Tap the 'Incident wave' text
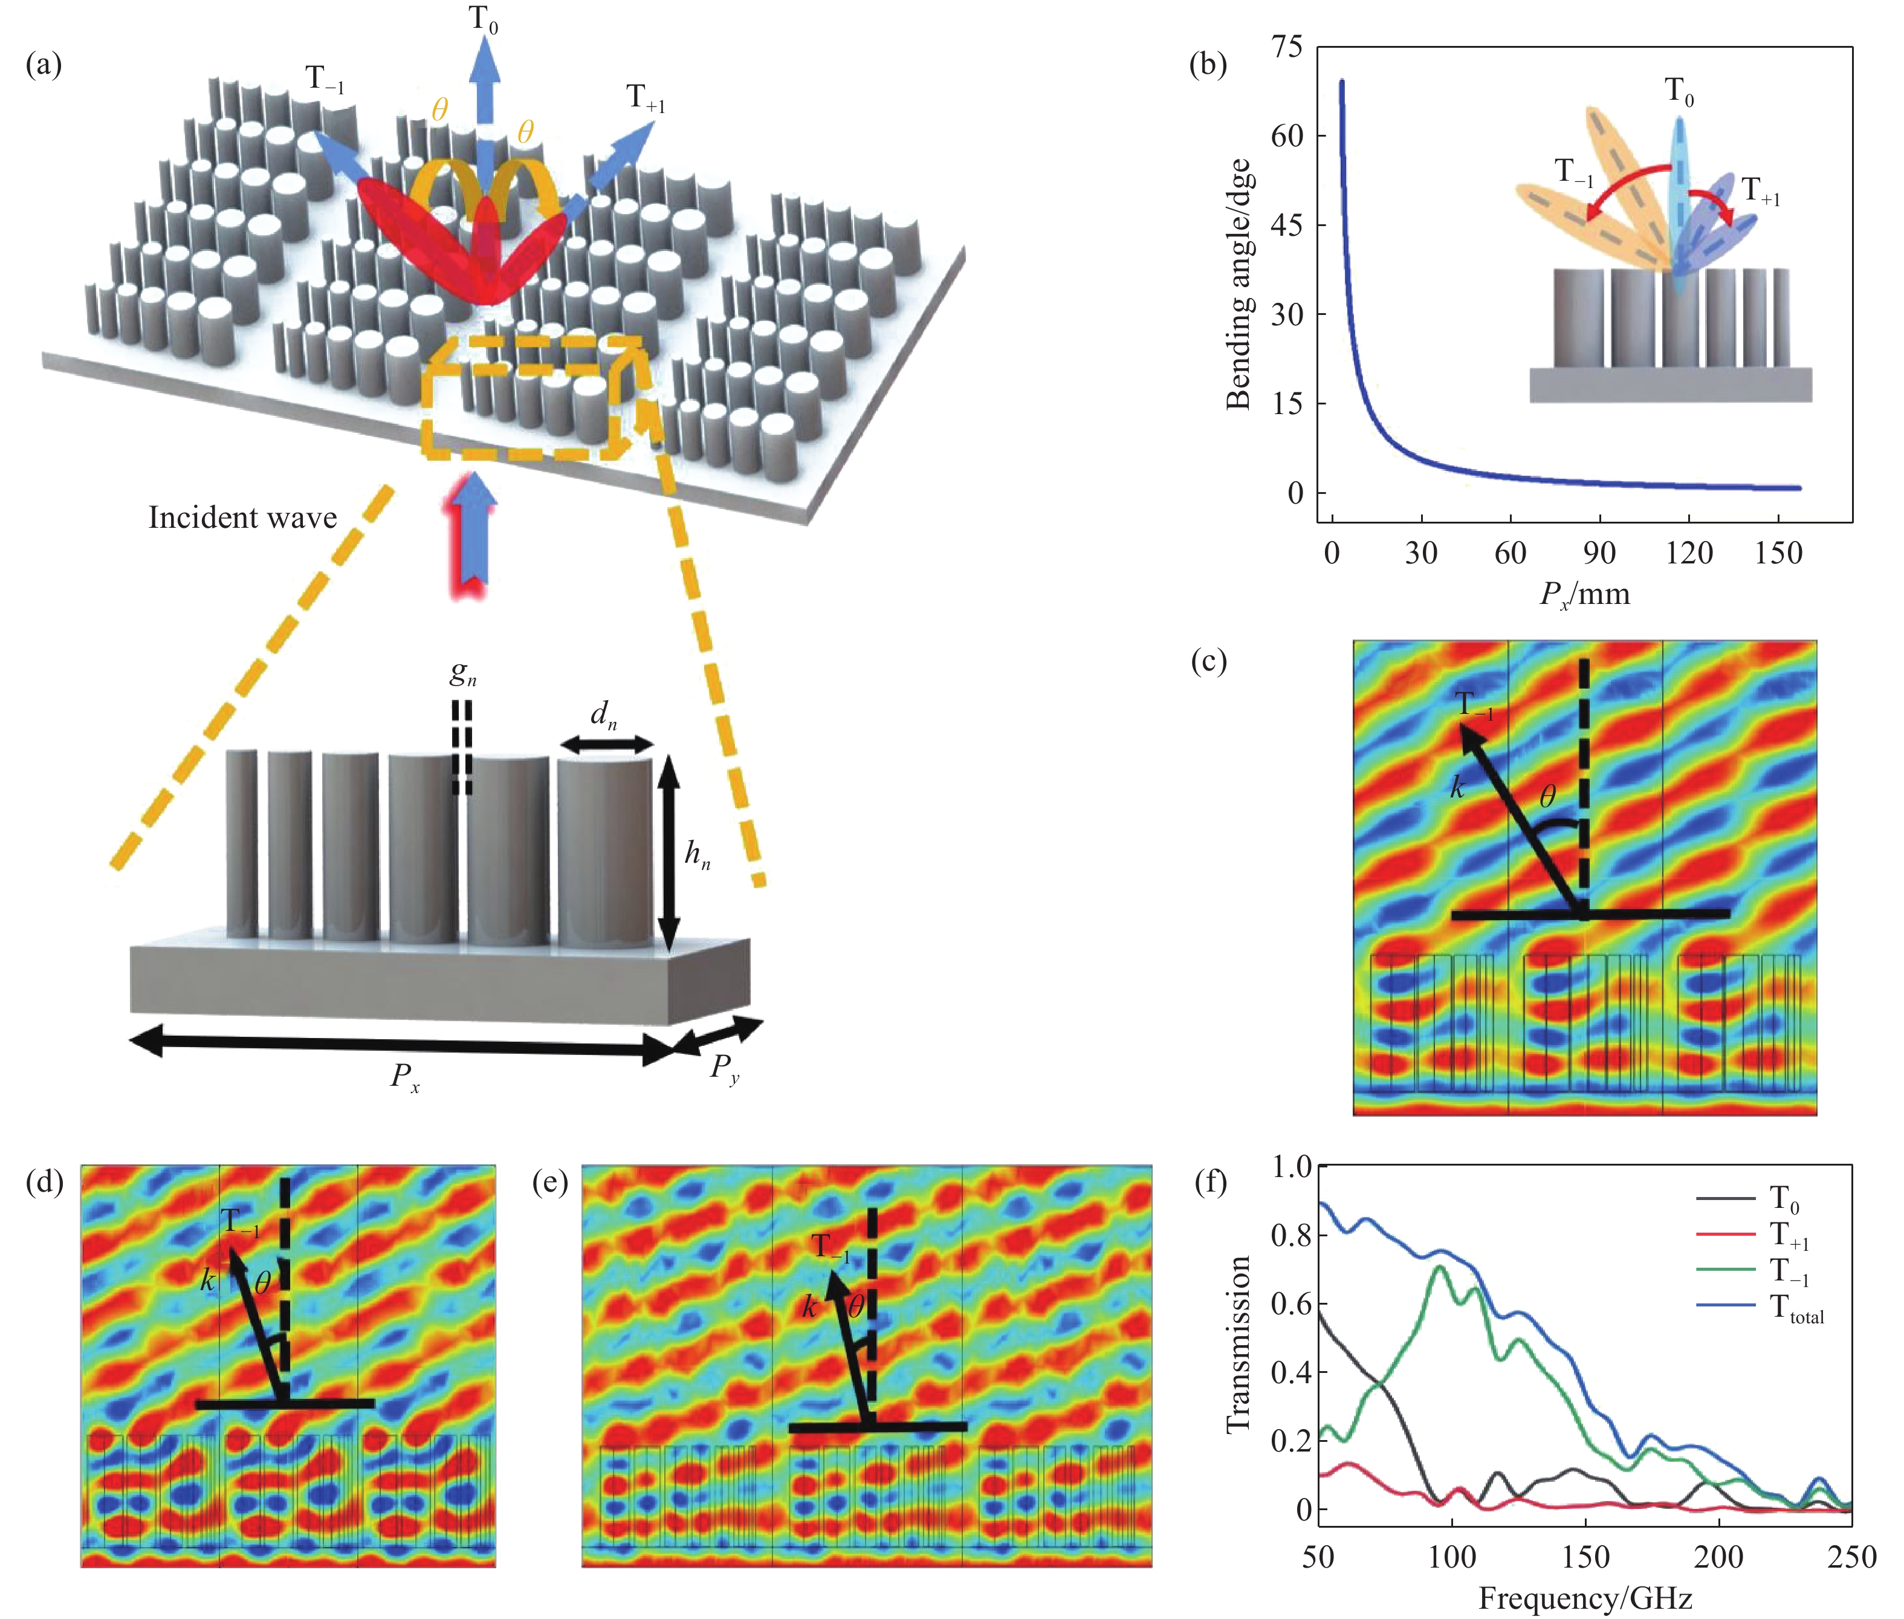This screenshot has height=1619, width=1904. (242, 517)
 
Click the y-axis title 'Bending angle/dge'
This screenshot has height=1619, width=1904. (1239, 284)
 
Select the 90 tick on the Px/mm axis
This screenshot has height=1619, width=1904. (1599, 553)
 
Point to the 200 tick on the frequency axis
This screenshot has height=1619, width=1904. (1718, 1557)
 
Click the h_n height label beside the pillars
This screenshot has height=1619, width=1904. (698, 855)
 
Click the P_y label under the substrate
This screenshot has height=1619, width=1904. (725, 1069)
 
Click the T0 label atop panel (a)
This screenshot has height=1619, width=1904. (484, 18)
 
